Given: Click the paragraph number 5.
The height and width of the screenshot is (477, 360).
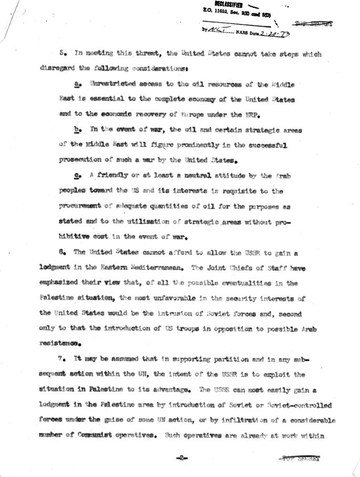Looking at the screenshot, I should click(x=62, y=53).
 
